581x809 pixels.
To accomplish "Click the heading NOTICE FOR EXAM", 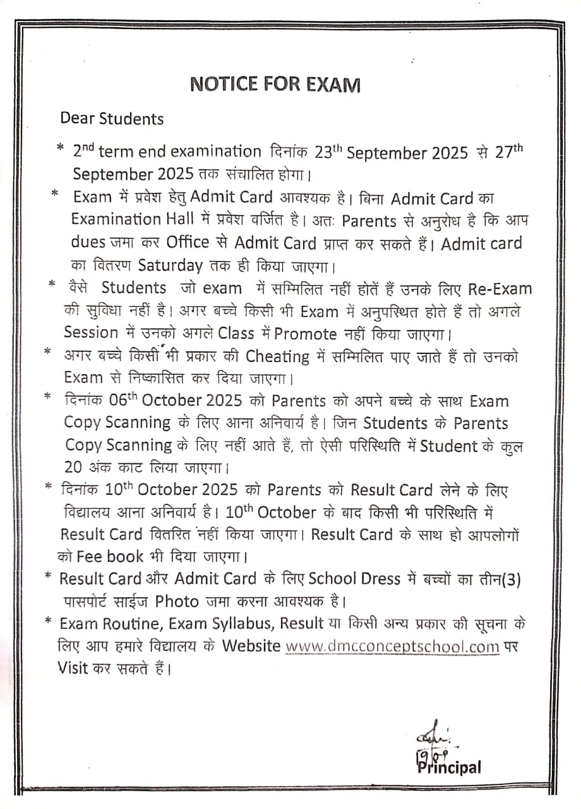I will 275,85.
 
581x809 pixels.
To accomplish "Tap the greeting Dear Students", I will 112,119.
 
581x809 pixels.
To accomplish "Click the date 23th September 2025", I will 392,153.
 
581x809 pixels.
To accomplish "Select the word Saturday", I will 171,265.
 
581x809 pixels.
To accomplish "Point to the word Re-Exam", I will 500,289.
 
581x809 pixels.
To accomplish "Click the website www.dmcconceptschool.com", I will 392,647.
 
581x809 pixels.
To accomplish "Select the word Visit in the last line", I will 73,667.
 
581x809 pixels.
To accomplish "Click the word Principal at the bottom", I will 449,768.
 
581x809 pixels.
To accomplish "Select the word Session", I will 91,332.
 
